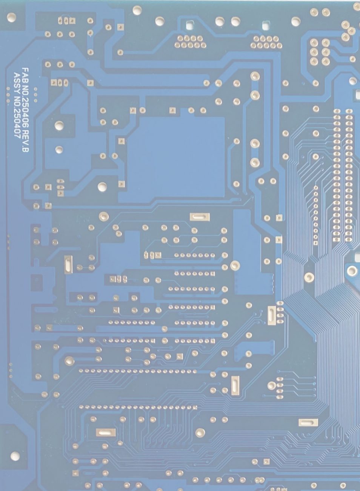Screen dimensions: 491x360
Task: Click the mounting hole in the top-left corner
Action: [x=12, y=17]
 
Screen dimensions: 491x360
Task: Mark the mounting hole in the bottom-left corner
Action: [x=15, y=456]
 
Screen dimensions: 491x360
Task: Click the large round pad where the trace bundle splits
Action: [x=309, y=277]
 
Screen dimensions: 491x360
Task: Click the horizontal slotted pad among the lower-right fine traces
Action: [x=308, y=422]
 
